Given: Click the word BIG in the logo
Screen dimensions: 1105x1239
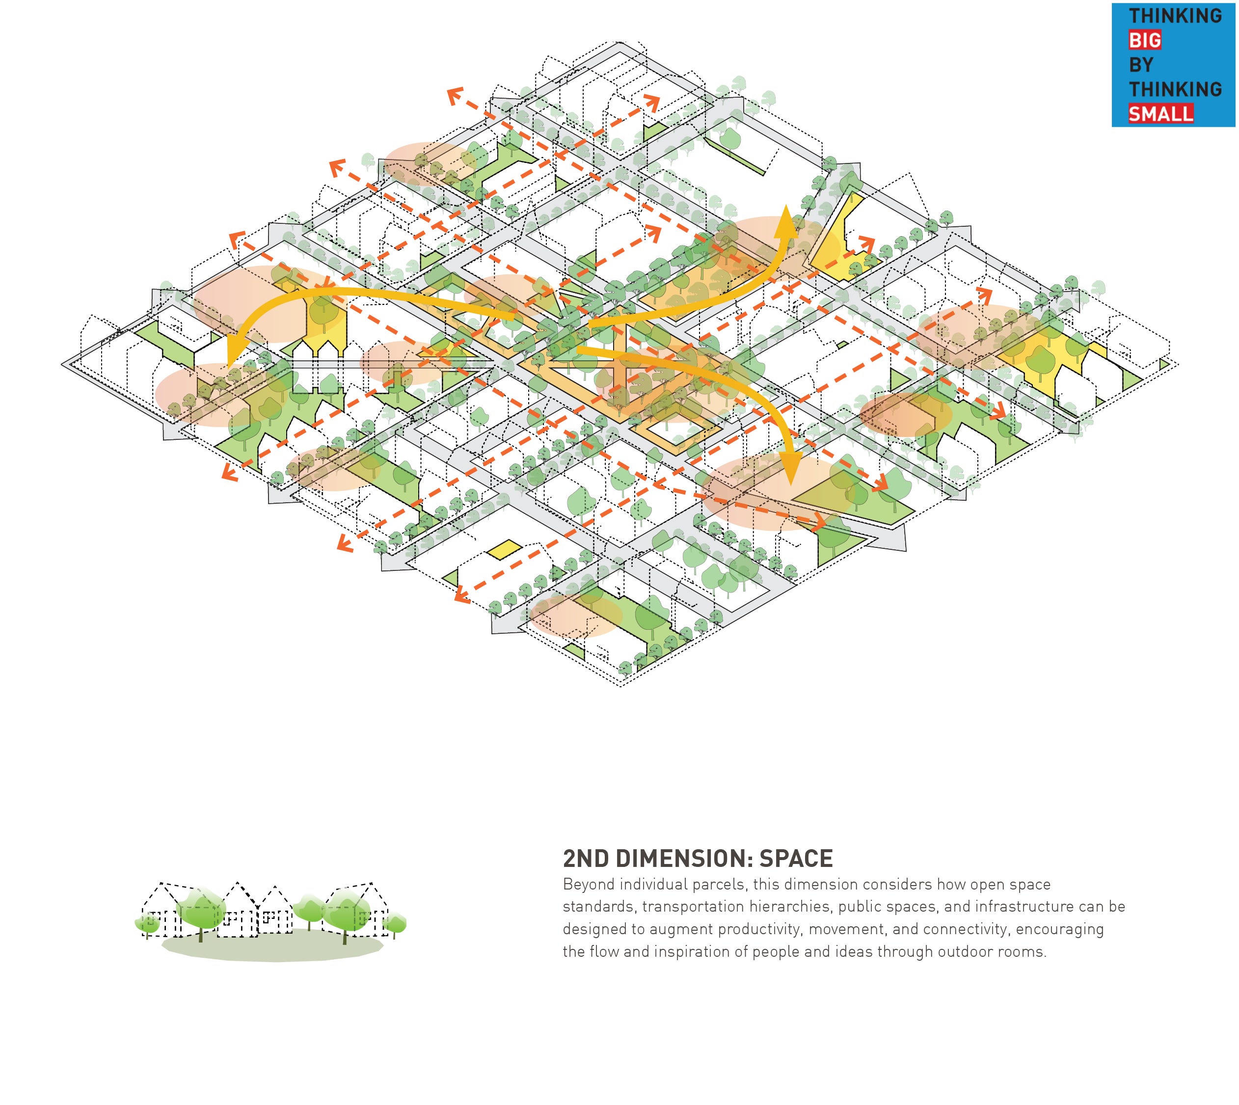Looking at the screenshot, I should click(1145, 40).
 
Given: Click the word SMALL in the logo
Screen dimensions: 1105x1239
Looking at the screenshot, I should click(1160, 113).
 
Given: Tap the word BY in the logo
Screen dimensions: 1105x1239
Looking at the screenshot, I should click(1141, 64).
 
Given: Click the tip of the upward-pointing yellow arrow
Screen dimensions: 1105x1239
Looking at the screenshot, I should click(787, 208).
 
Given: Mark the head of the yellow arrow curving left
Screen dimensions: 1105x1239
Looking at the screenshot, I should click(231, 364).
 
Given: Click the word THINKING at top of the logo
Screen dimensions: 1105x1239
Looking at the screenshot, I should click(1175, 16).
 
